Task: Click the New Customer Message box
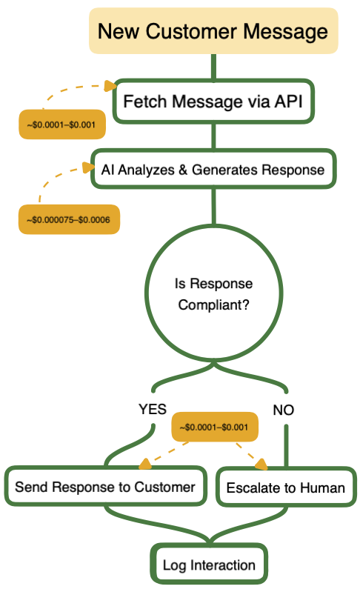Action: pos(213,31)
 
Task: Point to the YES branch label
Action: pos(153,409)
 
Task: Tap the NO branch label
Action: pos(284,410)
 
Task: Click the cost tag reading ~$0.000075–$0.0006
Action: pos(69,219)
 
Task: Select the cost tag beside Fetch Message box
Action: pos(62,124)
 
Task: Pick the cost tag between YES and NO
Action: pos(215,427)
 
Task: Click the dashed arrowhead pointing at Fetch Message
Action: pos(111,86)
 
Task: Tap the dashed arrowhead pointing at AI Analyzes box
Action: pos(90,167)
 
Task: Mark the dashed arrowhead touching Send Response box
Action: pos(145,464)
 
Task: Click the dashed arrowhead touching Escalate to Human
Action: pos(261,465)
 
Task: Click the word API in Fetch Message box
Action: pos(288,102)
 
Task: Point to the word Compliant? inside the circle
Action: pos(213,305)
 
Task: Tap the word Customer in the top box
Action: pos(191,31)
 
